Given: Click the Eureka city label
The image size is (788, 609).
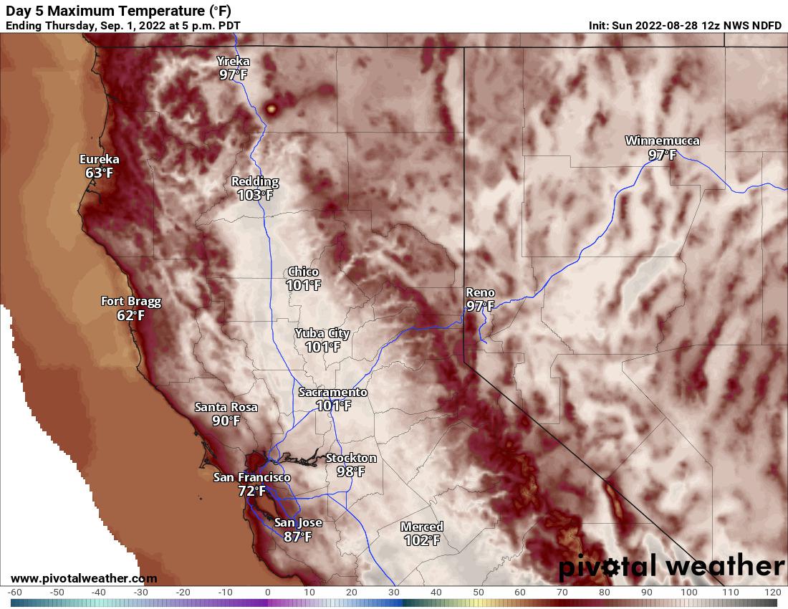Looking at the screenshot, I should [99, 160].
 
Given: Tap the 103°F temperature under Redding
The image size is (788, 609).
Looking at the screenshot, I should [256, 195].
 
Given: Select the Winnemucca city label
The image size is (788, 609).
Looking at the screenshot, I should [662, 140].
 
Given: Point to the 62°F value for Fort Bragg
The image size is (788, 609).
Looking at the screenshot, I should [130, 315].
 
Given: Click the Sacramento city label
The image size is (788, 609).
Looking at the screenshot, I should [332, 393].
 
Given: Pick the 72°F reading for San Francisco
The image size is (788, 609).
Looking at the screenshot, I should [251, 491].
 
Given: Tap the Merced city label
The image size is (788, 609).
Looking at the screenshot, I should [421, 527].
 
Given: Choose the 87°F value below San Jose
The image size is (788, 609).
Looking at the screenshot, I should [297, 536].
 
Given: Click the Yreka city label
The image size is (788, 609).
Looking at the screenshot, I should [234, 62].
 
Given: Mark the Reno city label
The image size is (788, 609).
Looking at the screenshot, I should [479, 292].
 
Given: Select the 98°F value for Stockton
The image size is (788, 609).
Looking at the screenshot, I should [350, 471].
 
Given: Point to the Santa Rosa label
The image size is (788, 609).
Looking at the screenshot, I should [226, 407].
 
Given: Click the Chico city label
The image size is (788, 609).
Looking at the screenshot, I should [303, 272].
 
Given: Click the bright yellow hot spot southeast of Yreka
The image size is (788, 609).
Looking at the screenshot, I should [272, 109].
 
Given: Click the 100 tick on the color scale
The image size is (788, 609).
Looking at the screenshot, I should [688, 593].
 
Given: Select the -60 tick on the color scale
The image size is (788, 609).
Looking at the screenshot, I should [16, 593].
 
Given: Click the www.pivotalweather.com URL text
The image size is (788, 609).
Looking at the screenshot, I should [84, 578].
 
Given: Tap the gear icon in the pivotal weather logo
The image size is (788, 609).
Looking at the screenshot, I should [611, 567].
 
